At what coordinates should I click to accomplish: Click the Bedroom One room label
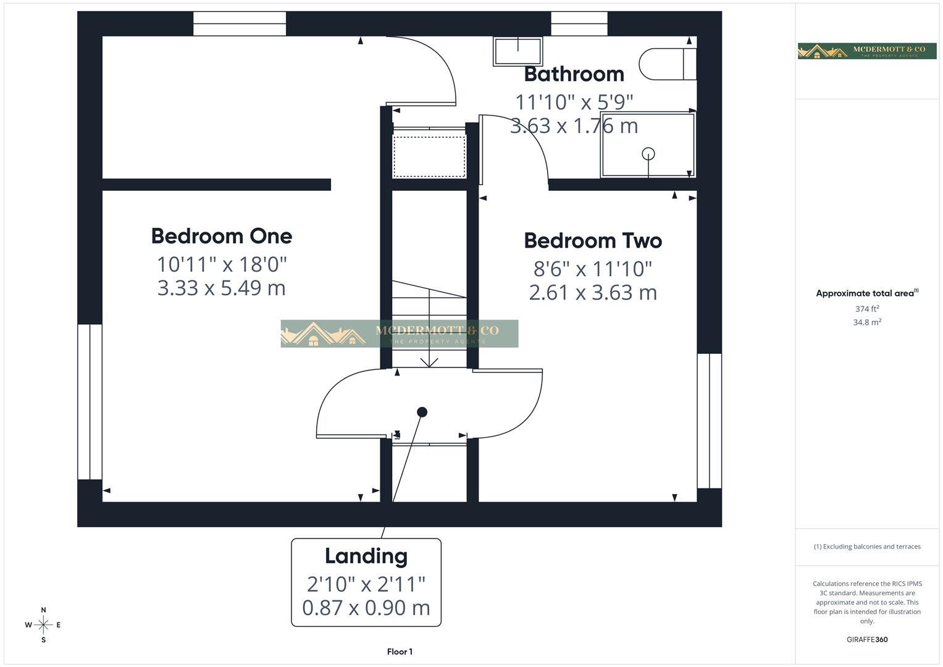pyautogui.click(x=221, y=236)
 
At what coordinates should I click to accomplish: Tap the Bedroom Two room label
pyautogui.click(x=593, y=241)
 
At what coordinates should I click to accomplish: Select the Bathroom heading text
pyautogui.click(x=574, y=74)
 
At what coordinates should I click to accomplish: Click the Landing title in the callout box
pyautogui.click(x=366, y=556)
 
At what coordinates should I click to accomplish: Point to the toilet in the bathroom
pyautogui.click(x=667, y=64)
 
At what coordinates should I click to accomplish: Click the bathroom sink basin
pyautogui.click(x=517, y=51)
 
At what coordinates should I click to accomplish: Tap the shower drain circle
pyautogui.click(x=648, y=154)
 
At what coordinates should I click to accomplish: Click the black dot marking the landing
pyautogui.click(x=422, y=412)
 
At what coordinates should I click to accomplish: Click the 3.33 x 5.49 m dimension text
pyautogui.click(x=221, y=288)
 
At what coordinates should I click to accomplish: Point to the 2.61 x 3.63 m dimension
pyautogui.click(x=593, y=292)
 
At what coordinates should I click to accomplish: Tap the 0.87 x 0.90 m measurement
pyautogui.click(x=366, y=608)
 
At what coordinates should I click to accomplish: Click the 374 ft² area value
pyautogui.click(x=867, y=309)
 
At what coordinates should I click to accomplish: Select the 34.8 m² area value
pyautogui.click(x=867, y=322)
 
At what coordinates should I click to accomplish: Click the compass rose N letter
pyautogui.click(x=43, y=610)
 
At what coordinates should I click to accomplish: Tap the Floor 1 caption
pyautogui.click(x=400, y=652)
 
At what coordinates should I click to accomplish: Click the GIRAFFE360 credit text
pyautogui.click(x=867, y=640)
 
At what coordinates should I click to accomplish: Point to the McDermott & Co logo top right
pyautogui.click(x=867, y=51)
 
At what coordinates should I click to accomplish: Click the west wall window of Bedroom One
pyautogui.click(x=90, y=401)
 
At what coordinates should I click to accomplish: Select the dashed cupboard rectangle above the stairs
pyautogui.click(x=429, y=157)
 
